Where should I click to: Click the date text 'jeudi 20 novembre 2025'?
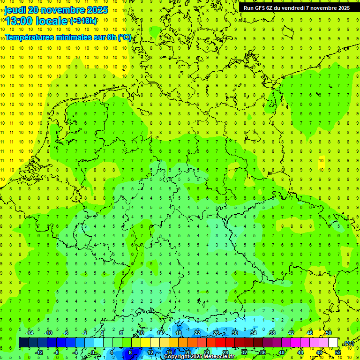(x=56, y=10)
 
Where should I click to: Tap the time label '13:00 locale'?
(x=37, y=21)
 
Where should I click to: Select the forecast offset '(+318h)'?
(x=83, y=21)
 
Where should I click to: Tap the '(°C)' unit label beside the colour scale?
(x=348, y=343)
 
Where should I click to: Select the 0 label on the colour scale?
(x=92, y=352)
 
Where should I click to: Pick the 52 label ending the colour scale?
(x=338, y=352)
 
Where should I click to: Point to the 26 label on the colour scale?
(x=216, y=333)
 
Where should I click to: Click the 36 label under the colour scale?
(x=263, y=352)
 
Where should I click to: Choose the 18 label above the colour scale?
(x=179, y=333)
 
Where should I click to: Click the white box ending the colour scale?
(x=333, y=343)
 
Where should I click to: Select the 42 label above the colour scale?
(x=291, y=333)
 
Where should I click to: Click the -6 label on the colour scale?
(x=66, y=333)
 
